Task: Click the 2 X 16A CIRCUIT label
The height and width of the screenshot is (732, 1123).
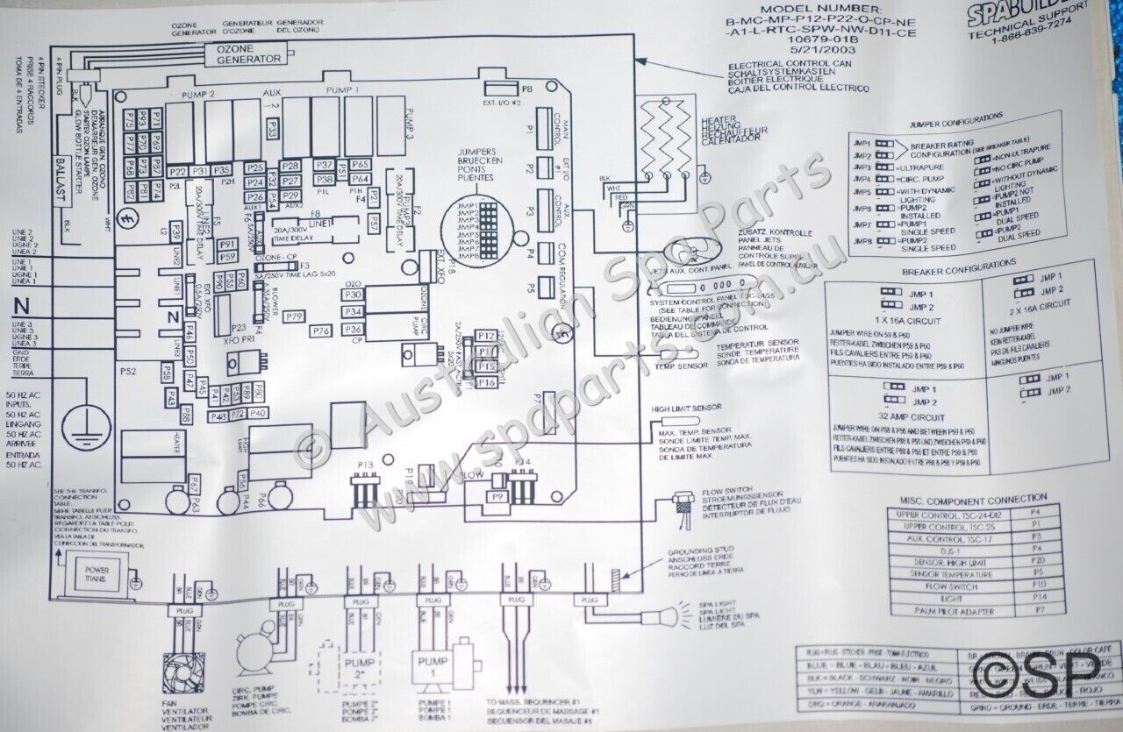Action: pyautogui.click(x=1041, y=302)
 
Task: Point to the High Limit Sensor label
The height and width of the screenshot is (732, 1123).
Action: pyautogui.click(x=686, y=409)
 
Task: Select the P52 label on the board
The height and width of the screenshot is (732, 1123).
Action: pyautogui.click(x=128, y=372)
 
